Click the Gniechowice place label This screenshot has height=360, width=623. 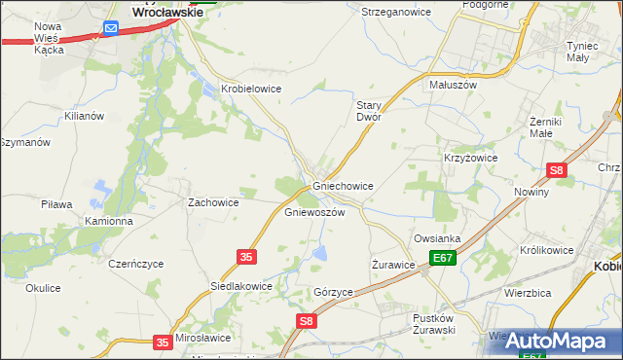tap(343, 185)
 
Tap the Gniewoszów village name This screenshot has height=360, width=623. tap(314, 212)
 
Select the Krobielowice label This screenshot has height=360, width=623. tap(251, 89)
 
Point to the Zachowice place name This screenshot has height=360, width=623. tap(213, 202)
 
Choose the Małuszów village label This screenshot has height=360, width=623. tap(452, 85)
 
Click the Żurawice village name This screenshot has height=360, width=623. tap(394, 264)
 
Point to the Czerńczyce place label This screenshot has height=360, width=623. tap(136, 264)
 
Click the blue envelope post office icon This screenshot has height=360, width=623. tap(111, 29)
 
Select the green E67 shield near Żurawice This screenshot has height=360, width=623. tap(444, 258)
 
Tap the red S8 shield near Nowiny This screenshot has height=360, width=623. tap(556, 170)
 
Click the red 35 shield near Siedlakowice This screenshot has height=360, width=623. tap(246, 256)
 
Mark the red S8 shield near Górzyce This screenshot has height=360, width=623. tap(306, 320)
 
